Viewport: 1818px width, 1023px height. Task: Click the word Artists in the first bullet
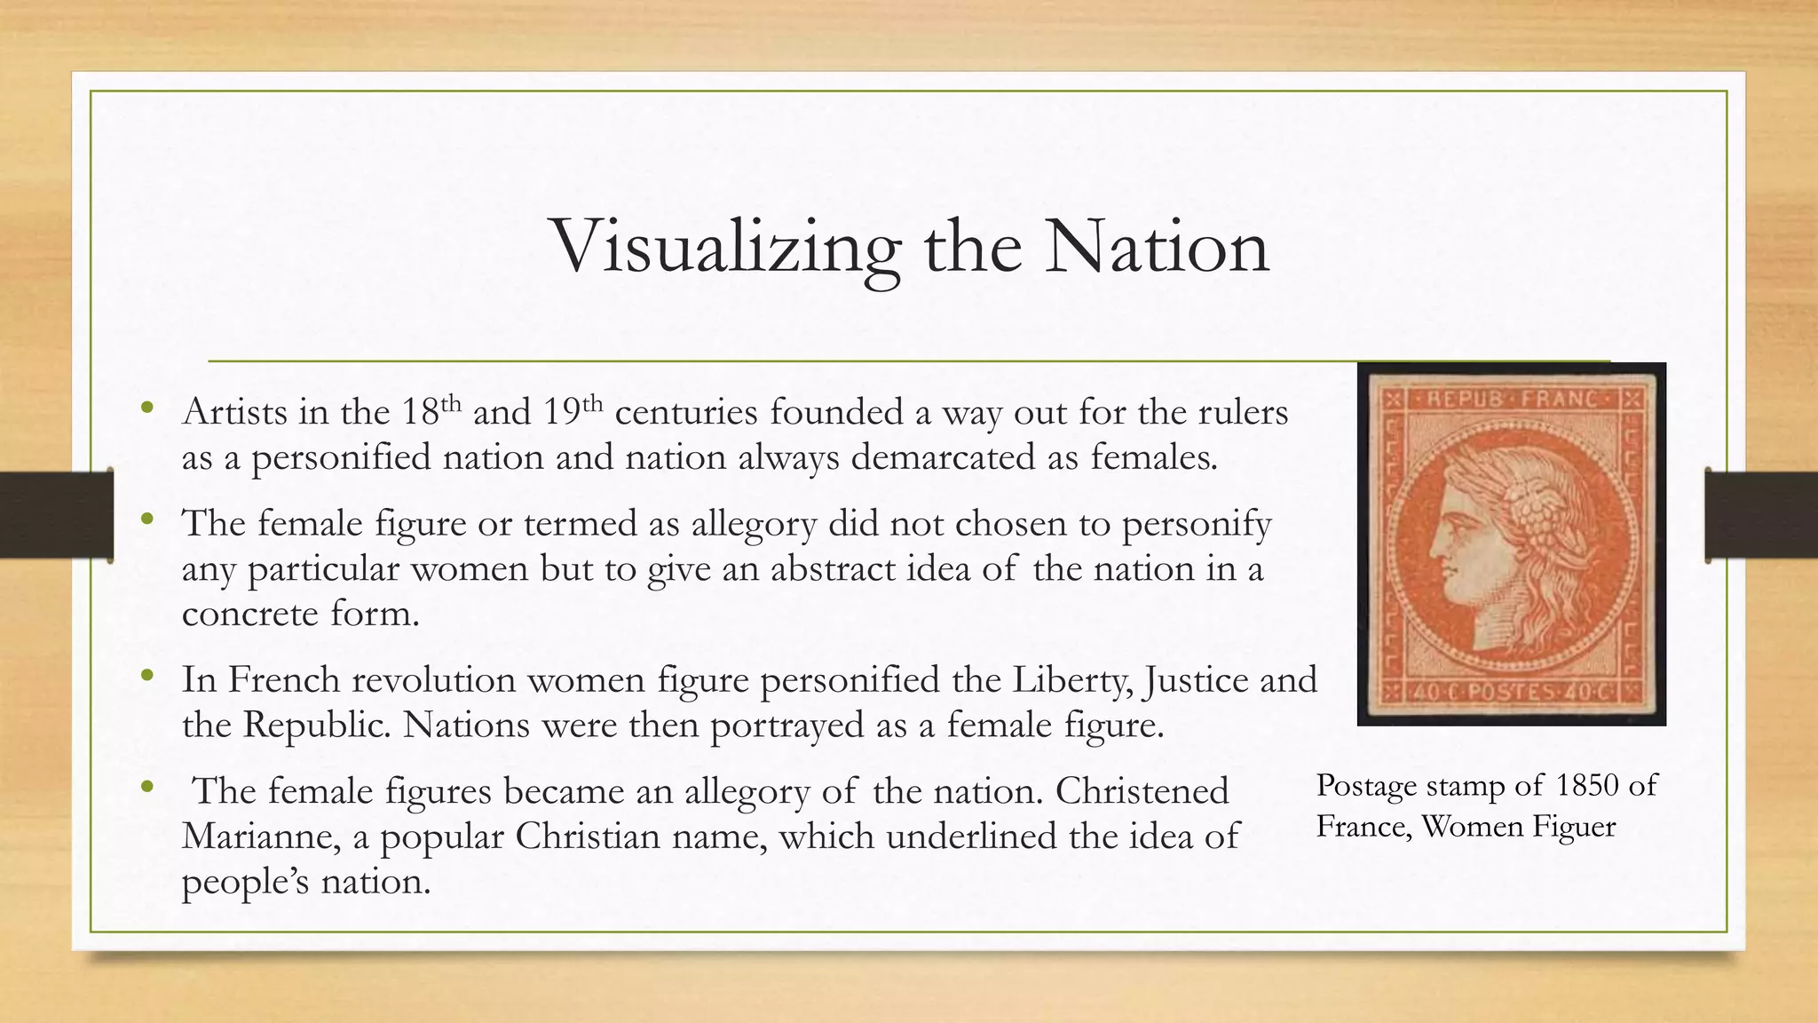(x=234, y=412)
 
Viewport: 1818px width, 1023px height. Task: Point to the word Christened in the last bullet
(x=1142, y=791)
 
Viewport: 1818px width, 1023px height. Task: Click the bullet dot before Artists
(x=147, y=408)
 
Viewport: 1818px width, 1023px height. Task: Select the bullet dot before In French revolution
(x=147, y=677)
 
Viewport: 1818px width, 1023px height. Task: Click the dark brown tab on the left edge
(x=56, y=515)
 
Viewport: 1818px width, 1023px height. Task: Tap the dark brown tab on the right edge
(x=1761, y=515)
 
